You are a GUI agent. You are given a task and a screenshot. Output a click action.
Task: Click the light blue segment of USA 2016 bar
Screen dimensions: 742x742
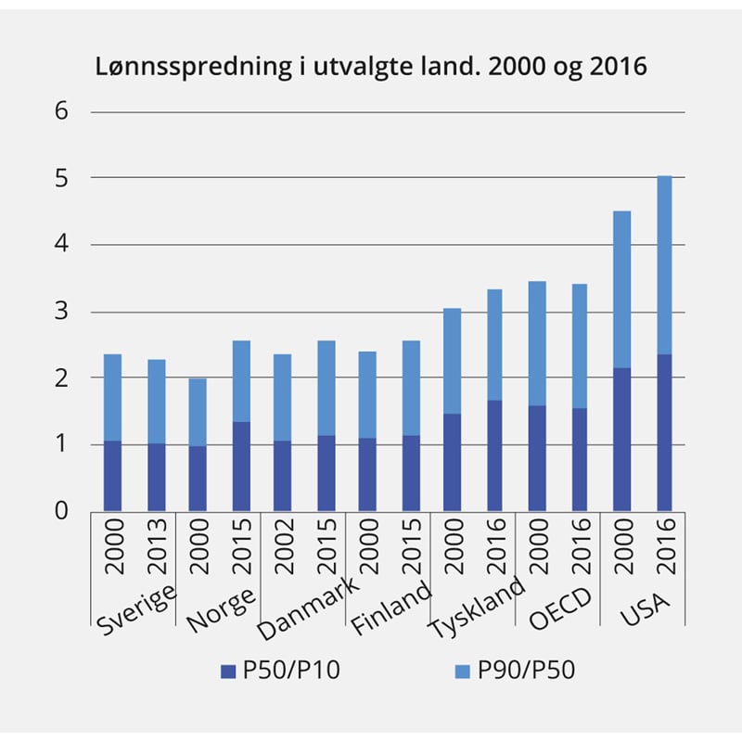point(663,264)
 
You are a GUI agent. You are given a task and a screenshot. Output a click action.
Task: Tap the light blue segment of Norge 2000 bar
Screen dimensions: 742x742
point(198,412)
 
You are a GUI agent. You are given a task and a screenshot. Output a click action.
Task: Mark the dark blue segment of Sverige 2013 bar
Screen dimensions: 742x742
point(156,477)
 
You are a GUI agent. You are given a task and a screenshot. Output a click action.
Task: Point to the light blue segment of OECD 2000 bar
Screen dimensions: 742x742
point(537,343)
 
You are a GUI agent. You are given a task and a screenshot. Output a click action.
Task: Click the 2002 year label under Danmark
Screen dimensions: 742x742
point(284,547)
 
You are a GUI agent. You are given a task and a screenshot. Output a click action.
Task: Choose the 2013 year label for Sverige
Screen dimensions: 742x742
point(157,547)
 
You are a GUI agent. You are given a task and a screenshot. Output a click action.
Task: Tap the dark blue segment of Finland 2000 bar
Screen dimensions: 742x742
point(368,474)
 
